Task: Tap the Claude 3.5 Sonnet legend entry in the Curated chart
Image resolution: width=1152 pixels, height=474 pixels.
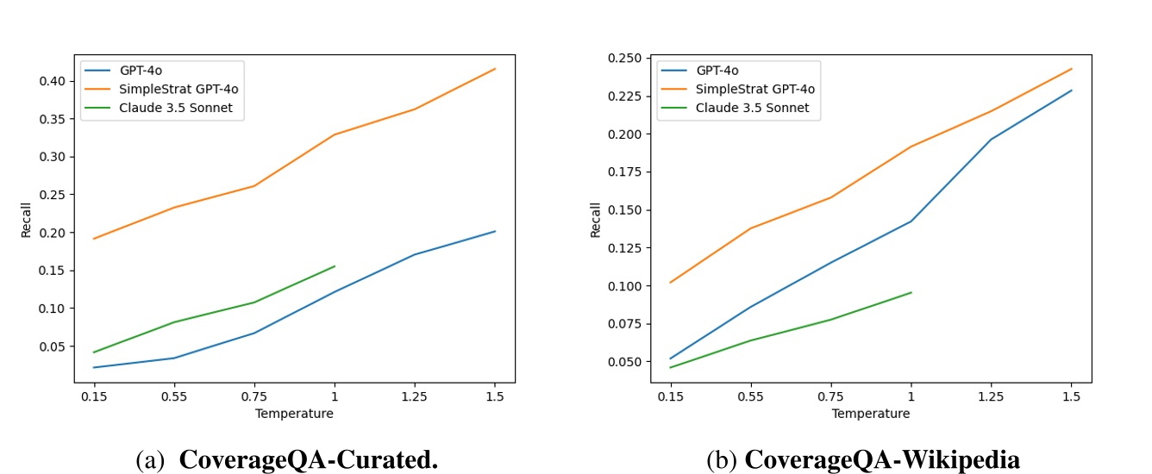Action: click(x=178, y=108)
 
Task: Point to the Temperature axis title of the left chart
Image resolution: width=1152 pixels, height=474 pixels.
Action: click(x=294, y=414)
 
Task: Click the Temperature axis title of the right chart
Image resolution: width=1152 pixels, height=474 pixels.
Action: click(x=870, y=414)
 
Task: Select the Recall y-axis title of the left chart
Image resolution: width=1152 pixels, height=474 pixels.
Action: click(x=26, y=220)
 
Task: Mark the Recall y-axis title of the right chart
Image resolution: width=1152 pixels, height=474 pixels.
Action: click(x=596, y=220)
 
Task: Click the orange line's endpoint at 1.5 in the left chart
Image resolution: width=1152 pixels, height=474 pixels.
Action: click(x=495, y=69)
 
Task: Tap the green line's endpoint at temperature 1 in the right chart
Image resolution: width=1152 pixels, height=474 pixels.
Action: click(x=911, y=292)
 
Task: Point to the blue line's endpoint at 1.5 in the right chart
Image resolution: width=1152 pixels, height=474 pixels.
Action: click(x=1072, y=90)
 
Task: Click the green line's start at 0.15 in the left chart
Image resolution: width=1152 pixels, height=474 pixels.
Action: click(x=93, y=352)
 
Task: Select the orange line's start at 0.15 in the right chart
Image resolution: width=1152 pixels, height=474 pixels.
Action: click(x=670, y=283)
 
